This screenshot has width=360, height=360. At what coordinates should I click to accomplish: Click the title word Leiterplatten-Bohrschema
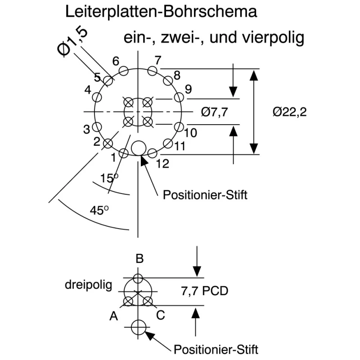161,12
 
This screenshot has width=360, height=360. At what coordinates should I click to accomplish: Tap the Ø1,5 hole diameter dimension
72,42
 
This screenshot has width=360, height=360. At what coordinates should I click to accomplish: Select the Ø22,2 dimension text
290,112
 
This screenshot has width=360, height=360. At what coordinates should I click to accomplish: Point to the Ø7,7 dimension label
215,112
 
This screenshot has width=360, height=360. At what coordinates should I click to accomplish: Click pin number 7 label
158,60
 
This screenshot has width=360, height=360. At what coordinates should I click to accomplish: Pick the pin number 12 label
162,164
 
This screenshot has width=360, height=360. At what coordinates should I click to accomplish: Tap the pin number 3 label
86,130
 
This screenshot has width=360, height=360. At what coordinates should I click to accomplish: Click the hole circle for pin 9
179,97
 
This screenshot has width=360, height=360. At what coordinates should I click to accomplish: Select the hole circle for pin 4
97,97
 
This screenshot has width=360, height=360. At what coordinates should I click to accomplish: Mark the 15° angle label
109,178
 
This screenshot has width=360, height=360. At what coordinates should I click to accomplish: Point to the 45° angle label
99,210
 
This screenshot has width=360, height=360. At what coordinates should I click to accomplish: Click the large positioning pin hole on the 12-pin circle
139,148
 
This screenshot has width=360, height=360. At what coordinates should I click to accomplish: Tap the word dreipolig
88,285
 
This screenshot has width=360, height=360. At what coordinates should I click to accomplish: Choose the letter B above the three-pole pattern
139,258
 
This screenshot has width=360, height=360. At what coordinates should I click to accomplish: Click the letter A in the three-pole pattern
114,316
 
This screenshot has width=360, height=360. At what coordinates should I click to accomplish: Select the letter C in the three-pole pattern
161,315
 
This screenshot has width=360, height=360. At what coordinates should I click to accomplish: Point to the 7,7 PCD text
205,291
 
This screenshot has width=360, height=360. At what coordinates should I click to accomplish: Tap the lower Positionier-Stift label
216,350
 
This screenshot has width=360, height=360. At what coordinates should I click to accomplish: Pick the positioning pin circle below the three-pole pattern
139,327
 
